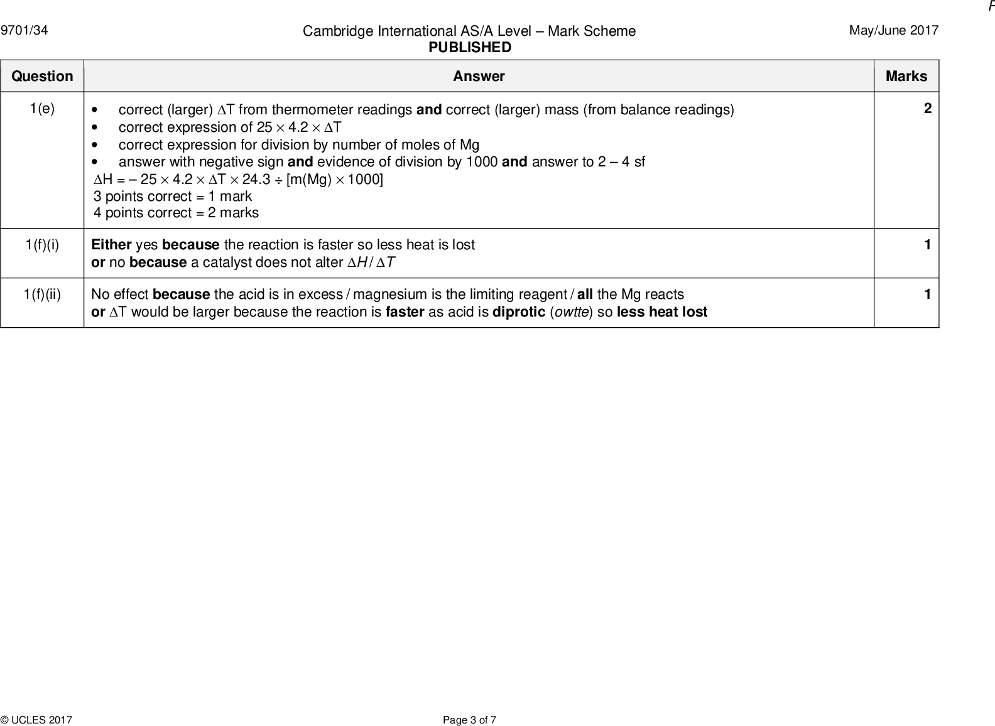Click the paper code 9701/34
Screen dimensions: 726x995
24,30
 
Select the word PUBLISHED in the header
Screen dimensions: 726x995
470,48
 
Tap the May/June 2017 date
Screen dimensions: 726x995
894,30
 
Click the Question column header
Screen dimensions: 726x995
42,77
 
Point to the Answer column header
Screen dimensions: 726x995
479,77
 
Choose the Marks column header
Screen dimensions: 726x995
906,77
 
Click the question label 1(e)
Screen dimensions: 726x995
42,109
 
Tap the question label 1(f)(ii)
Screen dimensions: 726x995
42,295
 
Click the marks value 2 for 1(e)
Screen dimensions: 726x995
928,109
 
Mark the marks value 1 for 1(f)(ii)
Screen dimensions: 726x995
928,295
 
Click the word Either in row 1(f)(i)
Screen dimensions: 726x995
111,245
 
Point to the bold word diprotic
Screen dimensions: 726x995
519,312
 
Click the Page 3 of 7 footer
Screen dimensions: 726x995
469,720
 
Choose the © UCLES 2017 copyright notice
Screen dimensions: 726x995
36,720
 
